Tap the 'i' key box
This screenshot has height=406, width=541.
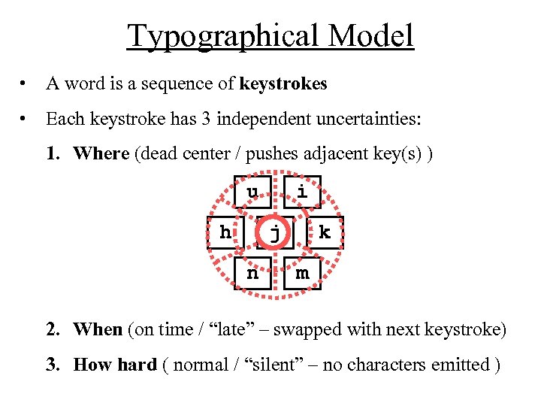[302, 192]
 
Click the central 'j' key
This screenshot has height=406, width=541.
[275, 233]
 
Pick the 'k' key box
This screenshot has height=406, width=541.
[325, 233]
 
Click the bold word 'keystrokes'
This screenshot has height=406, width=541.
[283, 84]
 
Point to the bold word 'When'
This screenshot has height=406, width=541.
[98, 329]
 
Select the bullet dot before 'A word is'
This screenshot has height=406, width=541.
[26, 84]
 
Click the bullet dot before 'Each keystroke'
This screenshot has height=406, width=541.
[26, 119]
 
